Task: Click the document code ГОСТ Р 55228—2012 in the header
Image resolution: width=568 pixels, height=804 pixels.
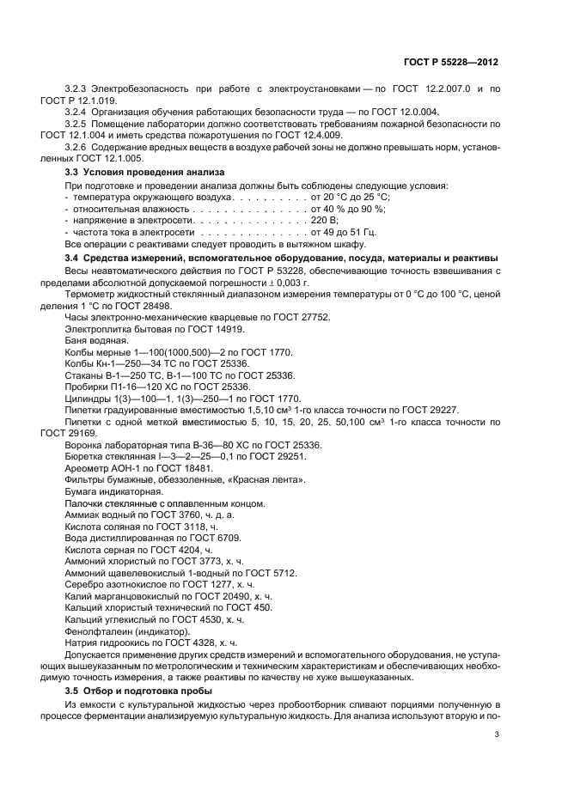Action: click(x=452, y=63)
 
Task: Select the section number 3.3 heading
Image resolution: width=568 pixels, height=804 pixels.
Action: click(x=74, y=172)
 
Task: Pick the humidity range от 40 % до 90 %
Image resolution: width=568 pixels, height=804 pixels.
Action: click(x=348, y=209)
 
